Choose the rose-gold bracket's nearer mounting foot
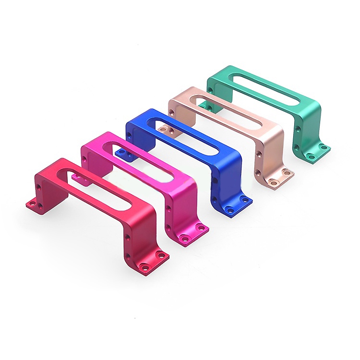point(278,178)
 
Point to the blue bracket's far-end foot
point(123,153)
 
